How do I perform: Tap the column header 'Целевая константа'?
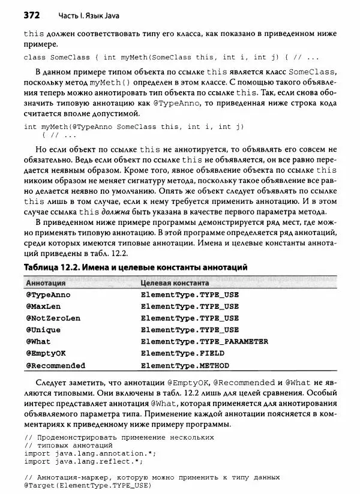tap(175, 282)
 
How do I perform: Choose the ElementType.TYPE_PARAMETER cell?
tap(204, 341)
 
